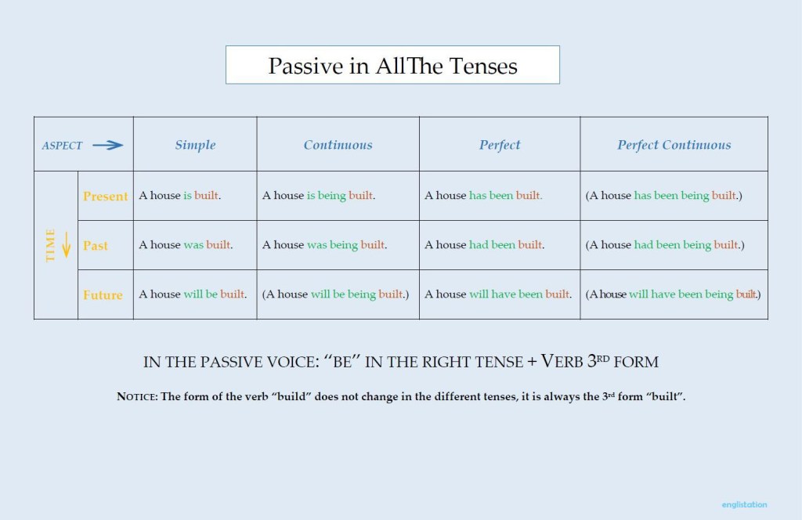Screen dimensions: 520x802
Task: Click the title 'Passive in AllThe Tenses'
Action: [x=392, y=66]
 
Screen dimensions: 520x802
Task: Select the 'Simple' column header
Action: [x=195, y=145]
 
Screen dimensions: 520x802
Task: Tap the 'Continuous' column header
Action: [x=338, y=145]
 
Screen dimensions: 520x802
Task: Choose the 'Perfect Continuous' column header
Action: [x=674, y=145]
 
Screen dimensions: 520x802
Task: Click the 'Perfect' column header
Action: [x=500, y=145]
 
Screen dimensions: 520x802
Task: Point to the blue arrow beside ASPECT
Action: [x=107, y=145]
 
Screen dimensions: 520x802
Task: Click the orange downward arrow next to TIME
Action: [x=67, y=246]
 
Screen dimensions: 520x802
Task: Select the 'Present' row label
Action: [x=105, y=197]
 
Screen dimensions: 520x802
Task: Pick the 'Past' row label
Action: [x=96, y=246]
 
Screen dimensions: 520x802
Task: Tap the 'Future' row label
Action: [x=103, y=295]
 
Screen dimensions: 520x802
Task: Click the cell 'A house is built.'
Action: [x=180, y=196]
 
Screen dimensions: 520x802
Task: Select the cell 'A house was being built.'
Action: [x=324, y=245]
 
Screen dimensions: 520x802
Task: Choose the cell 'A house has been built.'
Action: [x=483, y=196]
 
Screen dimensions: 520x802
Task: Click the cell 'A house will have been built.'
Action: [x=498, y=294]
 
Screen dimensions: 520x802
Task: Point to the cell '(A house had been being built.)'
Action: [x=664, y=245]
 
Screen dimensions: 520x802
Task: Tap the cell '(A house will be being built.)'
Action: [x=335, y=294]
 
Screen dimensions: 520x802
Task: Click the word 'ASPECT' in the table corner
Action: [x=62, y=146]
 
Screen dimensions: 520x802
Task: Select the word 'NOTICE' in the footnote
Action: [x=136, y=397]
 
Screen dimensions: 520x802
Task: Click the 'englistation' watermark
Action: [x=744, y=505]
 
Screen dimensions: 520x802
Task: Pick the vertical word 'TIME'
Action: [x=51, y=246]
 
